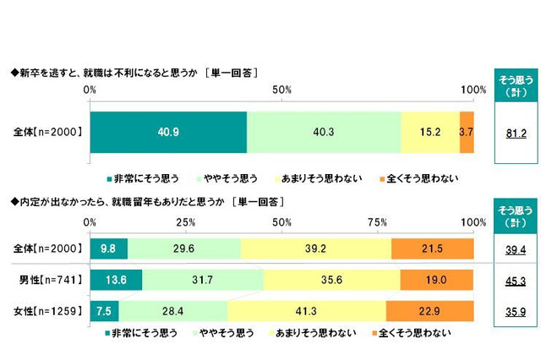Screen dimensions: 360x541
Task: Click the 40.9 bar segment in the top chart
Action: click(x=167, y=132)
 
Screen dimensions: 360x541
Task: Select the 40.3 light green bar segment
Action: click(x=324, y=132)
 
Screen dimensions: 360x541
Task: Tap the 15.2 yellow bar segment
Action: click(x=430, y=132)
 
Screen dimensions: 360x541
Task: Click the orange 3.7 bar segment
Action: click(x=467, y=132)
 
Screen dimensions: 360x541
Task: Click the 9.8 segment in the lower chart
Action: click(x=108, y=248)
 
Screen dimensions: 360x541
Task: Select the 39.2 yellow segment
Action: click(x=316, y=248)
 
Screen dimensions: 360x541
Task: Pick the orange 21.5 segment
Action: click(x=432, y=248)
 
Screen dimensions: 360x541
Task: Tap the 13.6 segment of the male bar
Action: click(x=116, y=280)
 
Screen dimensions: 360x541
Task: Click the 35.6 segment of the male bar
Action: click(x=331, y=280)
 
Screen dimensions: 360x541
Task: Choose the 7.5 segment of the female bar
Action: click(x=104, y=310)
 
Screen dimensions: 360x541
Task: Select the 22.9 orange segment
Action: click(x=429, y=310)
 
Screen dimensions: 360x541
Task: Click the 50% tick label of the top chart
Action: click(x=281, y=90)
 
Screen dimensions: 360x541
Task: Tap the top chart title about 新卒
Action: click(x=135, y=73)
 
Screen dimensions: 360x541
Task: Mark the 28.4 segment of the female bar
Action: click(x=173, y=310)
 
